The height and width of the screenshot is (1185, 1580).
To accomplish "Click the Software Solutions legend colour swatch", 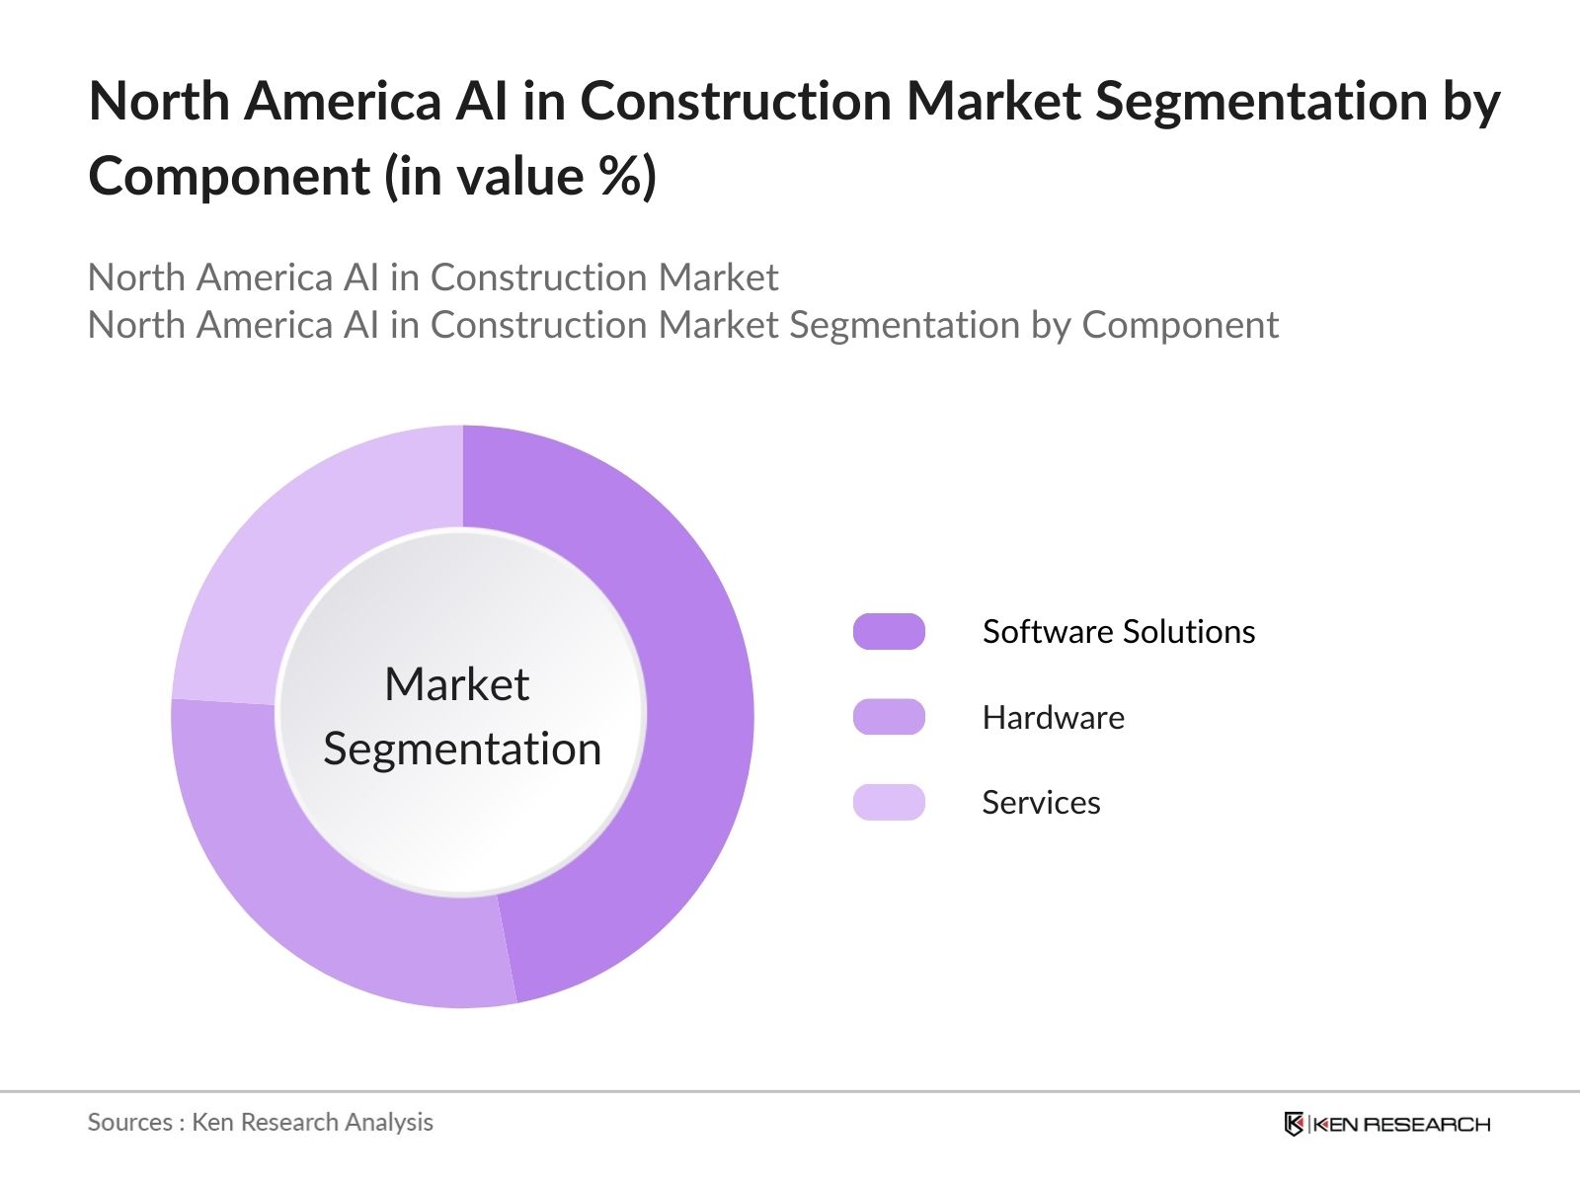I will (889, 632).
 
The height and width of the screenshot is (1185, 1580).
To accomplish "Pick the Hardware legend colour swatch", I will (889, 717).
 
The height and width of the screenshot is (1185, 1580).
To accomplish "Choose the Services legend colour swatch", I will (889, 802).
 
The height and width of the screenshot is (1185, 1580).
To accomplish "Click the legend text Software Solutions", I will (1118, 632).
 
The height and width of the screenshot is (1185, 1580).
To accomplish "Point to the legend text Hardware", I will (1053, 718).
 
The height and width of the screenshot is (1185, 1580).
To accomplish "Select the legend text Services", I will (1041, 803).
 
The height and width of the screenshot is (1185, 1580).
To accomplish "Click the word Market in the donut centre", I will (456, 684).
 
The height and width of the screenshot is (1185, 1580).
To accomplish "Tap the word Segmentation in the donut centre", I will (462, 750).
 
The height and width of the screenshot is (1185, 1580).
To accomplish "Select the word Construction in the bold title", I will (735, 102).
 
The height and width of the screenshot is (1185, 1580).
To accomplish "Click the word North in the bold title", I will (158, 102).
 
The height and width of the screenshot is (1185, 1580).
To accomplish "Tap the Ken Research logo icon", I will (1294, 1124).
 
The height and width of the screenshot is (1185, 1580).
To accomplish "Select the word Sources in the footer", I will (129, 1123).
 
